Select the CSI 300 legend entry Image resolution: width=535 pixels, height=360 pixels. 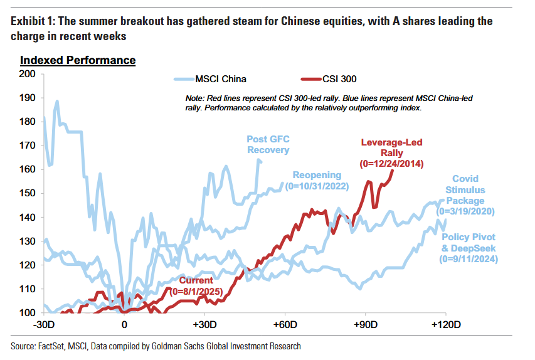(x=339, y=79)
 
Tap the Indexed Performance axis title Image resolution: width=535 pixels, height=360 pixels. (x=78, y=61)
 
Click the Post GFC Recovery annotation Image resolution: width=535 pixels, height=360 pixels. (x=268, y=144)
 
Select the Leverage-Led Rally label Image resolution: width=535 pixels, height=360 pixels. (x=392, y=148)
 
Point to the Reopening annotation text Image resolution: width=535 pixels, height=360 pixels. (x=317, y=176)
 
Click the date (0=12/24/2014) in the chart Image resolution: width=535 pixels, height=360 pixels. (x=392, y=164)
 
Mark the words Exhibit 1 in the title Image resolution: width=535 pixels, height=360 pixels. (x=32, y=21)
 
